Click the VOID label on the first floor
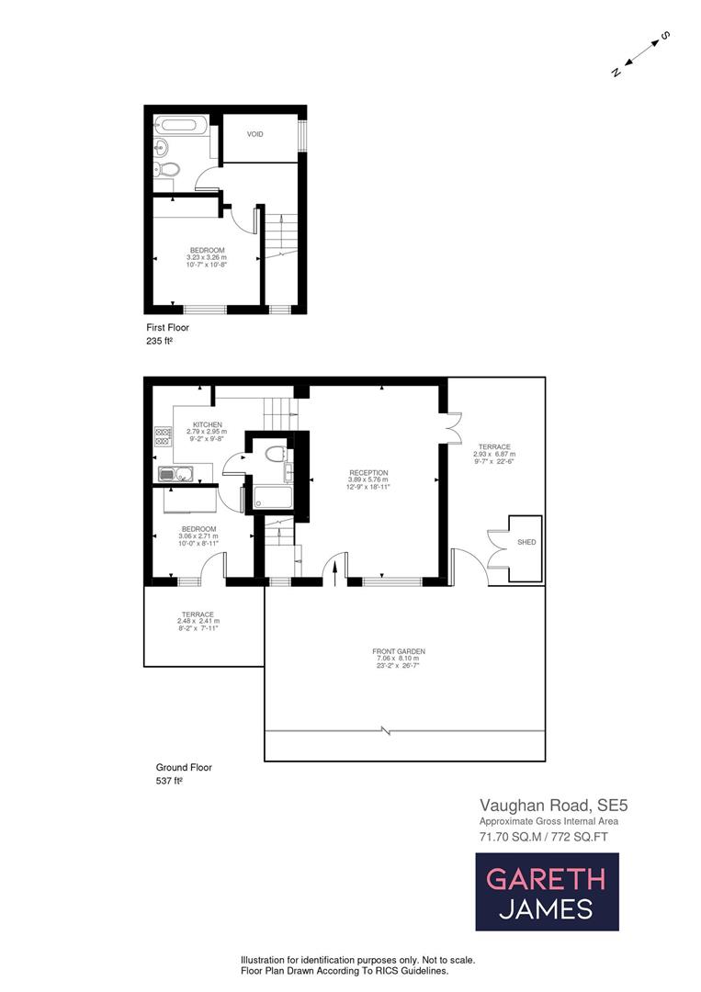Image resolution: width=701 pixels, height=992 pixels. (254, 134)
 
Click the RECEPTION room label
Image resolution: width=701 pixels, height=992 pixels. (367, 472)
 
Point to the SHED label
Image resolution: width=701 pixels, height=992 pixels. (526, 543)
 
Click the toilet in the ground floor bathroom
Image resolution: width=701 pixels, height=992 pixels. (273, 453)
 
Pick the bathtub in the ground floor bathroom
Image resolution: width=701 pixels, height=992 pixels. (273, 498)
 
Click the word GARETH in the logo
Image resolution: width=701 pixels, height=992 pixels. (546, 878)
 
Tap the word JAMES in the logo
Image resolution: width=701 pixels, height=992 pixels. (546, 909)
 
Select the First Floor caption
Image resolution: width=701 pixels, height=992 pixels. (167, 327)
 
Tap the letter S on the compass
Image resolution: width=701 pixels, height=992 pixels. (665, 37)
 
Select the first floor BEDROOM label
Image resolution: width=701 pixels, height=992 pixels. (207, 250)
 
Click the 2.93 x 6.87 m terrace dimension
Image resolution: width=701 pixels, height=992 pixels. (494, 454)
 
